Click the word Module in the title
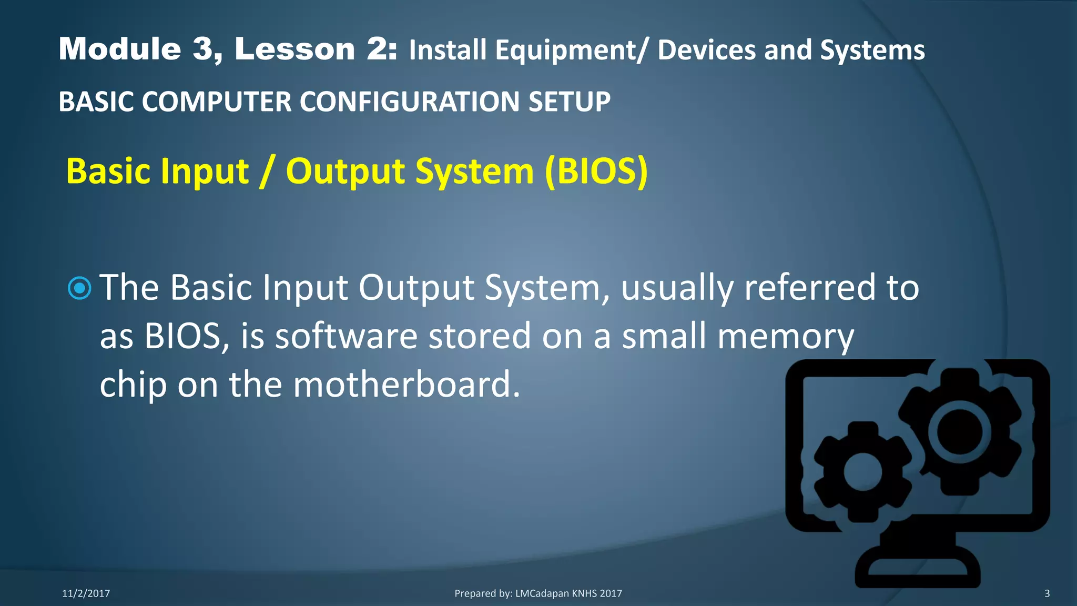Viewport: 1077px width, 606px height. (120, 49)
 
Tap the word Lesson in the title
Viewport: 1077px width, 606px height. (294, 49)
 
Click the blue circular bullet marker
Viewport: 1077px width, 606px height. (80, 288)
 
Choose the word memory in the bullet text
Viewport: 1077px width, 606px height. (786, 337)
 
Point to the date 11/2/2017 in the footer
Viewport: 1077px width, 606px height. (86, 593)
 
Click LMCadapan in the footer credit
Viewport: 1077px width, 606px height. (542, 593)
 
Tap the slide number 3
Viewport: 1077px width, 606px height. (1046, 593)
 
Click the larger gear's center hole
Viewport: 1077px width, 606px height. (960, 431)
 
